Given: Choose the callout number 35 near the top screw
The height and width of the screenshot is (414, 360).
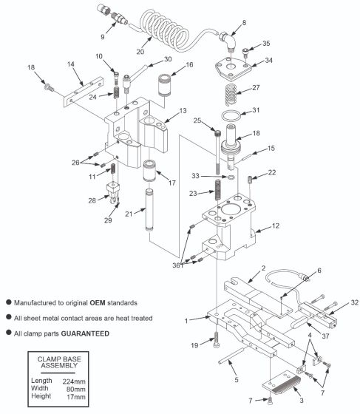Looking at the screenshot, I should (267, 44).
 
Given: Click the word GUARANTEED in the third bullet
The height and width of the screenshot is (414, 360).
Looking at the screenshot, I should (86, 333).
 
